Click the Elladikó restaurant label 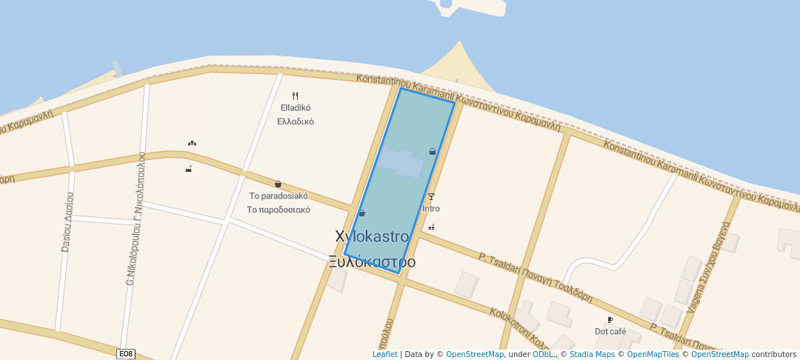[x=296, y=108]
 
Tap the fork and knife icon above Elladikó [x=295, y=96]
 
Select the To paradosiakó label [x=279, y=196]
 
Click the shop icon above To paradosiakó [x=278, y=184]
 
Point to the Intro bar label [x=430, y=209]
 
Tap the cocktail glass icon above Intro [x=431, y=197]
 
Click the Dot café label [x=610, y=331]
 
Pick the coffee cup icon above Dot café [x=610, y=320]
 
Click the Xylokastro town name [x=372, y=237]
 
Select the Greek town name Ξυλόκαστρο [x=372, y=262]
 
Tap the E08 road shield [x=126, y=354]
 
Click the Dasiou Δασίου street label [x=67, y=222]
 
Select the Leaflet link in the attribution [x=384, y=355]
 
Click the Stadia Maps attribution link [x=590, y=355]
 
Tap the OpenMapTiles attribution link [x=651, y=355]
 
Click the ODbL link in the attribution [x=542, y=355]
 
